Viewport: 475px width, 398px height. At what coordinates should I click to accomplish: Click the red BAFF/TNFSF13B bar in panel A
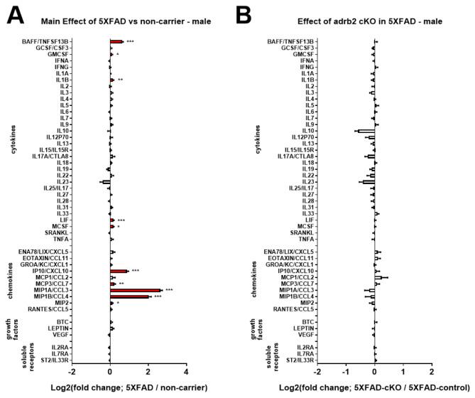[x=116, y=42]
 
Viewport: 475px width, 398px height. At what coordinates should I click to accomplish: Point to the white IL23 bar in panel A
[x=106, y=182]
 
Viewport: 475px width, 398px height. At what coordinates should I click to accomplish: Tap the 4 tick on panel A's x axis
[x=186, y=371]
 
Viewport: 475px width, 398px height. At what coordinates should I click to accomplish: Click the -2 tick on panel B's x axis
[x=318, y=371]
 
